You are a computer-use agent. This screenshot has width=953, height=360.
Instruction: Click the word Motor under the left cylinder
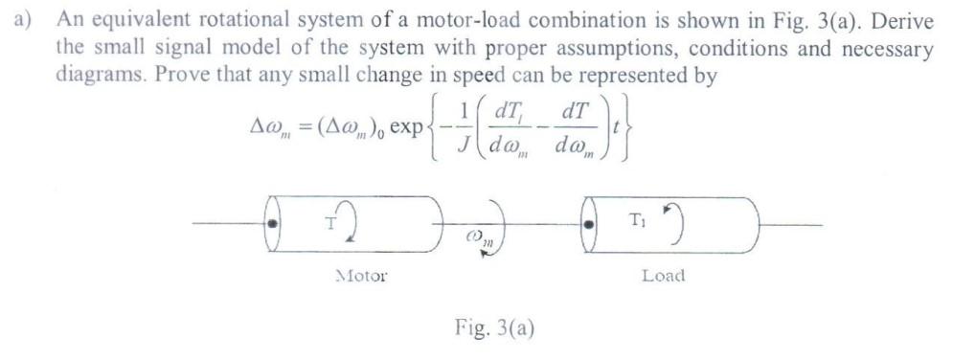click(x=361, y=276)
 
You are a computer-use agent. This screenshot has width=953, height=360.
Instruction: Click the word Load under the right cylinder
click(x=663, y=276)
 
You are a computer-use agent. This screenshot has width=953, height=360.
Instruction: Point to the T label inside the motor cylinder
click(x=329, y=224)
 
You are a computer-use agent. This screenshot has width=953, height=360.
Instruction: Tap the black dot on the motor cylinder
click(x=273, y=224)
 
